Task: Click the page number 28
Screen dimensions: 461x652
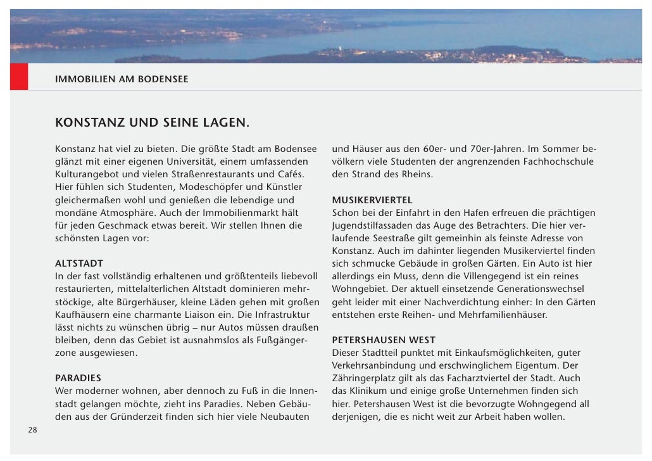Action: pos(32,430)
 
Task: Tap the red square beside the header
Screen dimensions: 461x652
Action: pos(19,77)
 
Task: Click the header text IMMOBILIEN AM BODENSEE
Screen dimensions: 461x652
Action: pos(122,80)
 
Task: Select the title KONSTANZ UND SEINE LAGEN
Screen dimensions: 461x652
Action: pos(152,122)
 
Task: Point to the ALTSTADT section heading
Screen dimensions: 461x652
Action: pos(79,263)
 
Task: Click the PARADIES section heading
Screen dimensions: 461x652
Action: pos(78,378)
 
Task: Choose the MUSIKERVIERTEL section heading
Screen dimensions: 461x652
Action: pos(372,200)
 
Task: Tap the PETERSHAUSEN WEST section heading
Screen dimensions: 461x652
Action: pos(384,340)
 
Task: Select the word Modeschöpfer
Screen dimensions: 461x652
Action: pos(211,187)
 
